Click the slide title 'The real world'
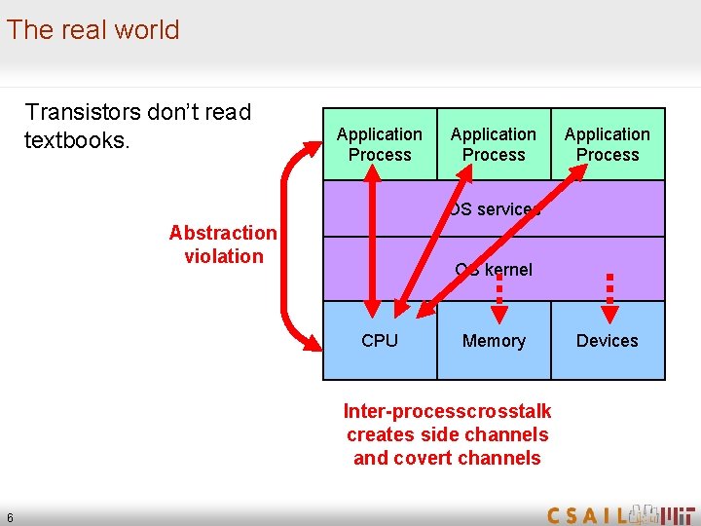coord(93,30)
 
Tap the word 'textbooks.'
coord(76,141)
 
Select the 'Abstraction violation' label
coord(223,244)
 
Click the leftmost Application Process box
coord(379,144)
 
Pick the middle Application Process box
coord(493,144)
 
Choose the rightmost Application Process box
coord(607,144)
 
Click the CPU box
coord(379,341)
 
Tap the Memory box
coord(494,341)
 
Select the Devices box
coord(607,341)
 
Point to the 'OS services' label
coord(494,209)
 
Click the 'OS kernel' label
coord(494,270)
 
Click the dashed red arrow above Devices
coord(610,295)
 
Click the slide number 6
coord(10,517)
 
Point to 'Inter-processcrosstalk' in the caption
coord(447,411)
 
